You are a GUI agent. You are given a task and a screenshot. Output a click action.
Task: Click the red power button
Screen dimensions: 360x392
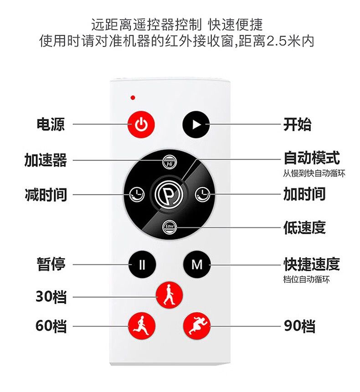click(141, 124)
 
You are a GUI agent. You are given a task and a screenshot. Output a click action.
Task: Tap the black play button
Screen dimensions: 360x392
click(196, 124)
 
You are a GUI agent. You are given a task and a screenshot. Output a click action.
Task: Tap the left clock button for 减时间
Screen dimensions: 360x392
click(137, 194)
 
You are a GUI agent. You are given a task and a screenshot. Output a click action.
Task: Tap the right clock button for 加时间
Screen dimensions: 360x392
click(202, 194)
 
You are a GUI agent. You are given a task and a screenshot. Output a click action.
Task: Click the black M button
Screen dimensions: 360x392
click(197, 264)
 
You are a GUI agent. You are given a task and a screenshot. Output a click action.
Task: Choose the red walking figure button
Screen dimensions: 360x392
click(169, 295)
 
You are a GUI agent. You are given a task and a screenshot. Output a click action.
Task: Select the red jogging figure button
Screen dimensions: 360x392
click(142, 326)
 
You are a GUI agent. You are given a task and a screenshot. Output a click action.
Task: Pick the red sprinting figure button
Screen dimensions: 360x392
click(197, 326)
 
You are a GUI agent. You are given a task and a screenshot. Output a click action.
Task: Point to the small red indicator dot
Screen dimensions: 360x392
click(133, 98)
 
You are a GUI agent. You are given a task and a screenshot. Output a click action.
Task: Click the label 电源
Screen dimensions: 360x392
click(51, 124)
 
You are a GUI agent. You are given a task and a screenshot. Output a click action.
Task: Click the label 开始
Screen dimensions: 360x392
click(298, 124)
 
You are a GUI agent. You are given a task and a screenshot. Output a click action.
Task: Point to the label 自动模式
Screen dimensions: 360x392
click(312, 158)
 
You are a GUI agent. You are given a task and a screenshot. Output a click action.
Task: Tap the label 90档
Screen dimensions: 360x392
click(299, 326)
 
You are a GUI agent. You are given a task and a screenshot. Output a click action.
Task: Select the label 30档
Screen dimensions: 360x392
click(51, 297)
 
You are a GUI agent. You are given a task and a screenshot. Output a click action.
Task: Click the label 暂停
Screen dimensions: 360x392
click(51, 264)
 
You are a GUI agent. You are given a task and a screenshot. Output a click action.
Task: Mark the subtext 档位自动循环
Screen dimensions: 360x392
click(306, 279)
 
